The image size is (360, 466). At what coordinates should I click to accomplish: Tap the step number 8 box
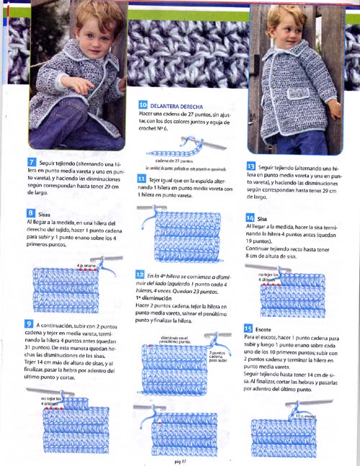tap(32, 212)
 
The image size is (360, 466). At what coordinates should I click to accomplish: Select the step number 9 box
tap(29, 323)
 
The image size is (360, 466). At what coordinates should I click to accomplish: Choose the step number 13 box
tap(250, 166)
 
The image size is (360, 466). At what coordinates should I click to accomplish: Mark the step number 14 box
tap(249, 218)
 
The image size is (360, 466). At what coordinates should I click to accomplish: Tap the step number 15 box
tap(248, 328)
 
